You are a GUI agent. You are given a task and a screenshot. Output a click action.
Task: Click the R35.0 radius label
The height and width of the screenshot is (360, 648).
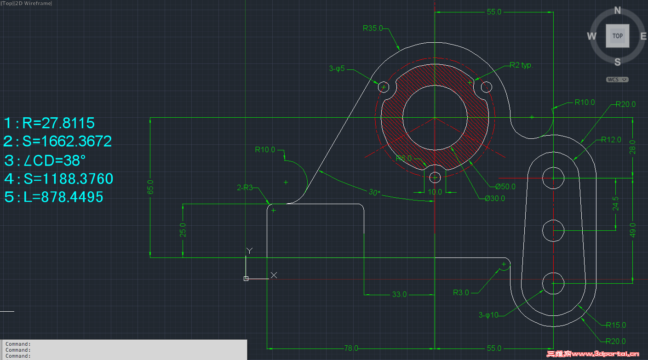click(x=373, y=28)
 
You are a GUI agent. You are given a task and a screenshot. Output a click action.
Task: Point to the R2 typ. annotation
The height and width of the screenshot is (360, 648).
click(x=521, y=65)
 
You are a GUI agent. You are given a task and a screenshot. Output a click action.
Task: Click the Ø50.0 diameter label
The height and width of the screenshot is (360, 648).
click(x=505, y=187)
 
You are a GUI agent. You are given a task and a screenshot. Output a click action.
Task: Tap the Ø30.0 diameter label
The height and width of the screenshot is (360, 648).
click(x=494, y=199)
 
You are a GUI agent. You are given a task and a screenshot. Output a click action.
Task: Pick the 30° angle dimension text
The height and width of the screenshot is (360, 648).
click(x=375, y=193)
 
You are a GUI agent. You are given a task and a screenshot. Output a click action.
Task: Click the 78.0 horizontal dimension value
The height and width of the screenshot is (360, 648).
click(x=351, y=348)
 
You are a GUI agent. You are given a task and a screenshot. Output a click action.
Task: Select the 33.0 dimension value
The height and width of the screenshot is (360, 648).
click(x=399, y=294)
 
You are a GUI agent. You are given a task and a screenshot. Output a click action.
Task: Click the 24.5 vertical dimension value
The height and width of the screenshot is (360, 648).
click(x=616, y=204)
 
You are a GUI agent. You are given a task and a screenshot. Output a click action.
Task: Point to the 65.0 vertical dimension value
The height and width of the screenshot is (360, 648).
click(x=150, y=187)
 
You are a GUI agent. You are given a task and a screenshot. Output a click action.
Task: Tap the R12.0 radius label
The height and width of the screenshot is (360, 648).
click(x=611, y=140)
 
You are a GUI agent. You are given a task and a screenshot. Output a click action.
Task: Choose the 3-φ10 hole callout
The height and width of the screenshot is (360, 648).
click(x=488, y=315)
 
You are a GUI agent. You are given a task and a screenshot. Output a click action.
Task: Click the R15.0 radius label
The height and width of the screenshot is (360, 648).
click(x=616, y=325)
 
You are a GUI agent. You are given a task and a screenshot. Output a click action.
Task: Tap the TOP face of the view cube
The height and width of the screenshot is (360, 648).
click(x=617, y=36)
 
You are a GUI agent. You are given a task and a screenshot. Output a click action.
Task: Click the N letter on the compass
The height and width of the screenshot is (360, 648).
click(x=618, y=11)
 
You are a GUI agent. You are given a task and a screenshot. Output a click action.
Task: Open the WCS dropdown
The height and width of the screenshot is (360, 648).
click(x=617, y=80)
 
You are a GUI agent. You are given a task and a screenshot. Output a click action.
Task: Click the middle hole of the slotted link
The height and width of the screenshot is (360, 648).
click(x=553, y=230)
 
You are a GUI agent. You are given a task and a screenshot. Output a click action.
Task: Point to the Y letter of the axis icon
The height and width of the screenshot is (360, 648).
click(x=249, y=251)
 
